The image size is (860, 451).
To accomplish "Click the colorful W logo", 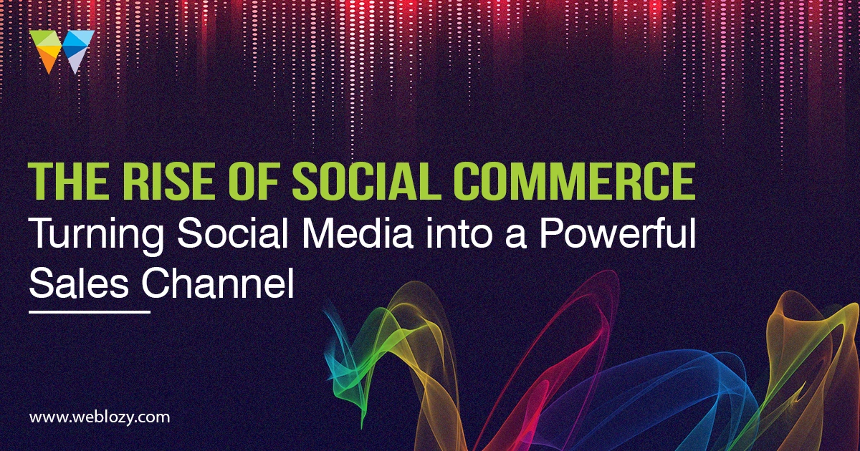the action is (62, 52).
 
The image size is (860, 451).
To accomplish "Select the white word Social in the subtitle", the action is (233, 233).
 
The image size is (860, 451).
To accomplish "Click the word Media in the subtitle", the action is (358, 233).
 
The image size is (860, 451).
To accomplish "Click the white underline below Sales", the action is (90, 312).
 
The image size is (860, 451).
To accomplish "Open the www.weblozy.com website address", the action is (100, 417).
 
